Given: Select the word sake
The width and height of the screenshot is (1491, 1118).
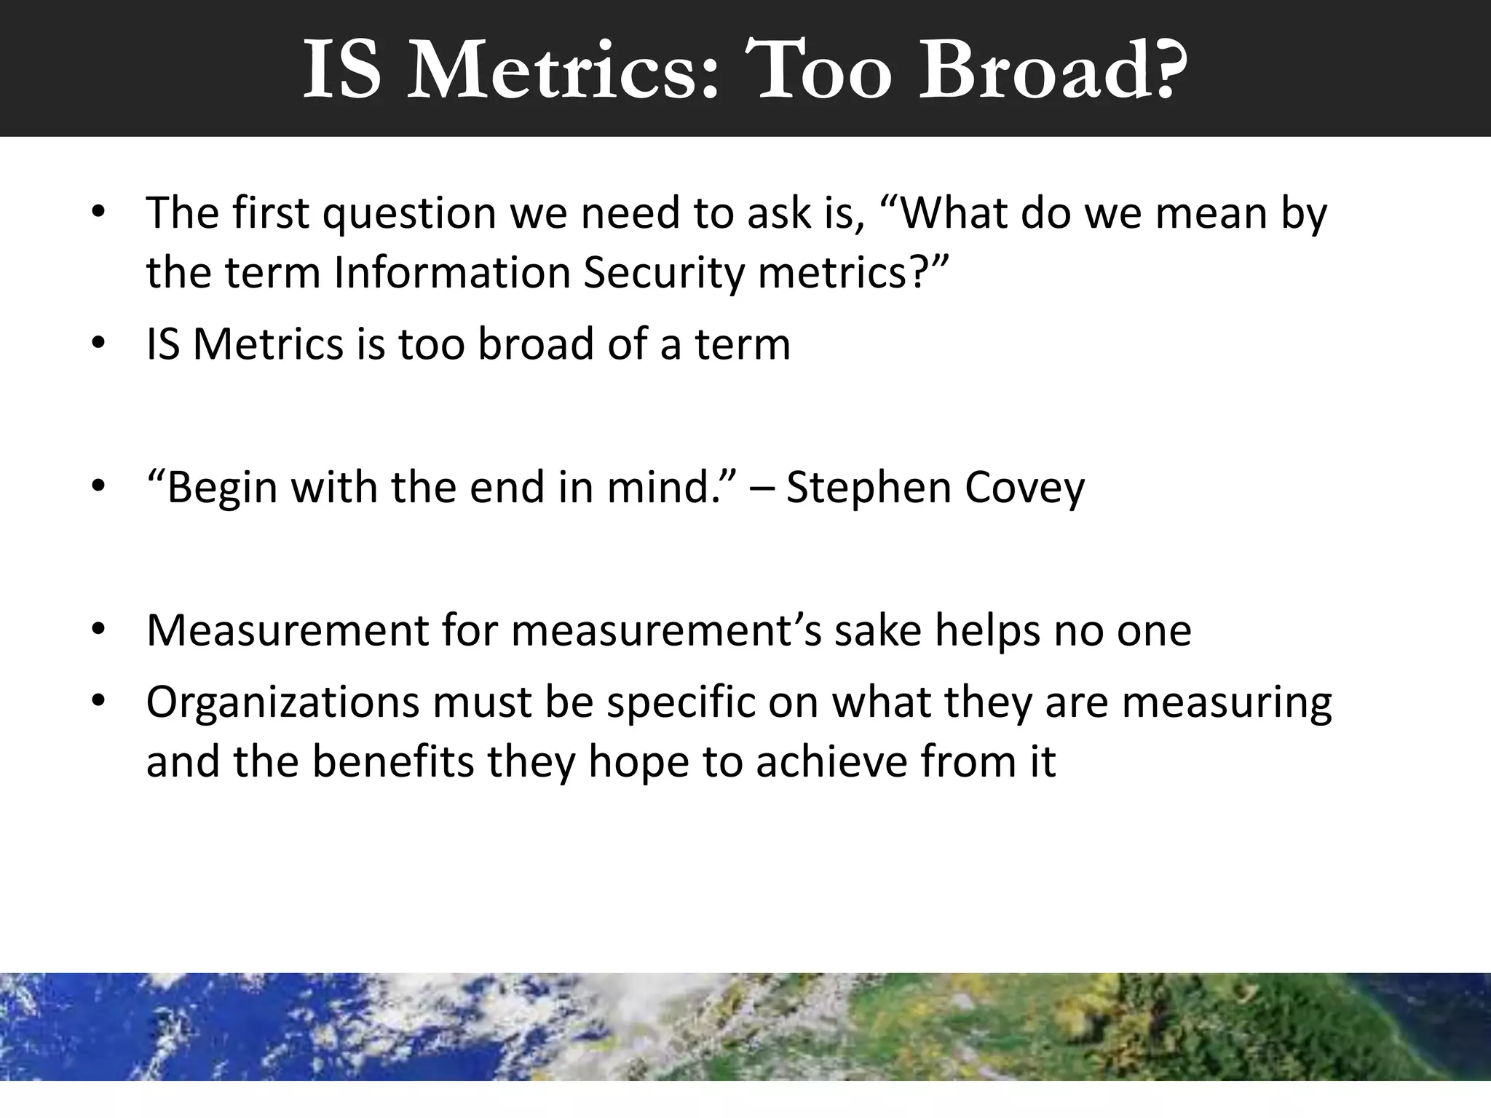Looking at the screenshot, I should (x=878, y=630).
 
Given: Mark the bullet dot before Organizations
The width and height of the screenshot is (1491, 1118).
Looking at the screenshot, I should (x=99, y=702).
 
